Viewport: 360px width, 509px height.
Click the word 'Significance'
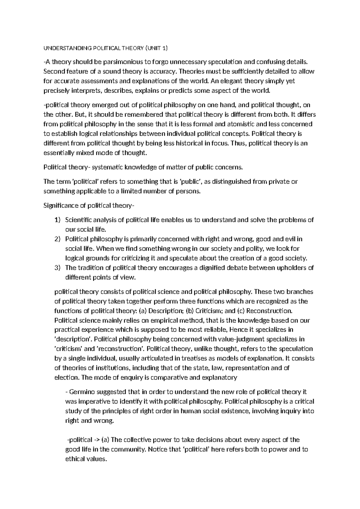click(x=60, y=206)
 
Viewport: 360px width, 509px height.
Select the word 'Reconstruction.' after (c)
click(x=269, y=311)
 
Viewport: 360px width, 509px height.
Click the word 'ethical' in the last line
click(x=75, y=459)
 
